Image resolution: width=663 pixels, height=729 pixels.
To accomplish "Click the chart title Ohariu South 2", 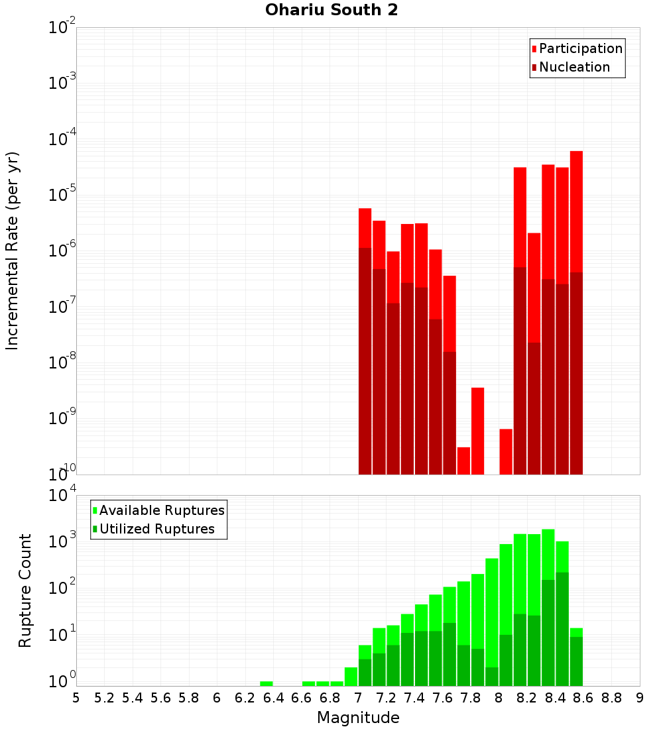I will (331, 11).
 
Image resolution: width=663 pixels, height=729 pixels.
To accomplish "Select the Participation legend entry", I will (581, 49).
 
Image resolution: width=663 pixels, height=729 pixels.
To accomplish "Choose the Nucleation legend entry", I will (574, 68).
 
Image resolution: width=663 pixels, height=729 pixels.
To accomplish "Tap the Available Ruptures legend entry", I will (162, 510).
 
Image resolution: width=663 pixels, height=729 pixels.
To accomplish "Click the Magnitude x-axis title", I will (358, 718).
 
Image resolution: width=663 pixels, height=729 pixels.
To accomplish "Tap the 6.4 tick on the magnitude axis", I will (274, 698).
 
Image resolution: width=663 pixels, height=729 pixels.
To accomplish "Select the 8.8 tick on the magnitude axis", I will (612, 698).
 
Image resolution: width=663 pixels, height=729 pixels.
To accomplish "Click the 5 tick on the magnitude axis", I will (76, 698).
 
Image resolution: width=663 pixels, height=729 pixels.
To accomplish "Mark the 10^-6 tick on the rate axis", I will (62, 251).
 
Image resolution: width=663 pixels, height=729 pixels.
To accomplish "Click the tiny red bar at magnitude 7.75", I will (463, 461).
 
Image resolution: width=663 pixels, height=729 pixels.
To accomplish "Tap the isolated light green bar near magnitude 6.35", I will (267, 683).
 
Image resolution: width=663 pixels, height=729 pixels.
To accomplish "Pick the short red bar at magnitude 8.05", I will (506, 451).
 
